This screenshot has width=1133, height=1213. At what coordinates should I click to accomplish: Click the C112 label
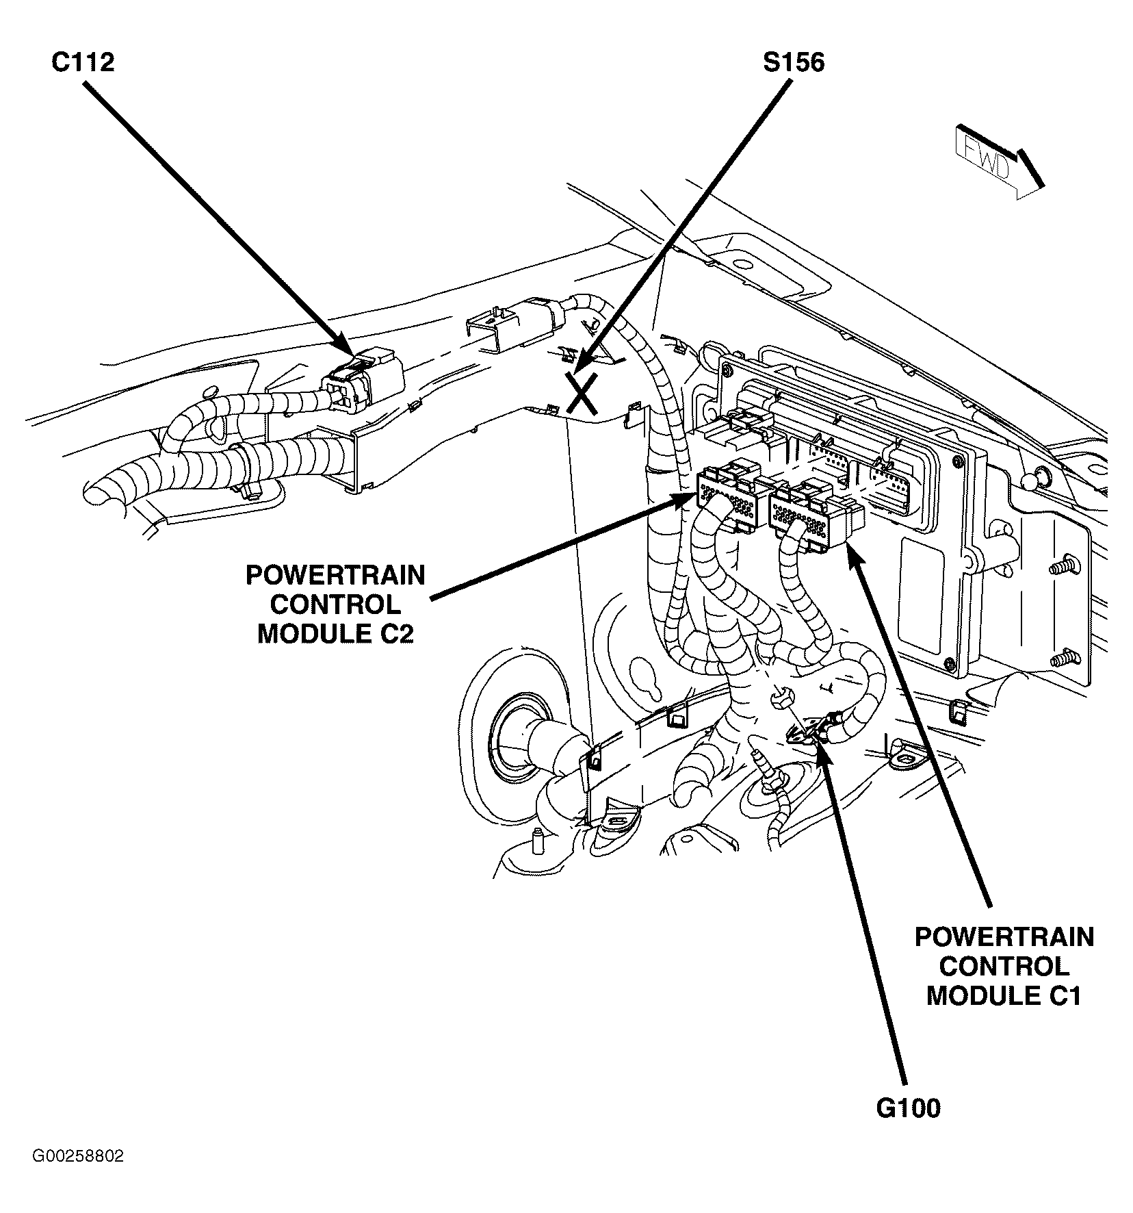[82, 62]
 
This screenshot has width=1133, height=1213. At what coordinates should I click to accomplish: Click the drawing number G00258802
[77, 1175]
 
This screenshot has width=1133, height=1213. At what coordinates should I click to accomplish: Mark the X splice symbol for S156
[581, 394]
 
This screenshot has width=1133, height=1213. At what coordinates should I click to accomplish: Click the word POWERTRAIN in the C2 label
[335, 575]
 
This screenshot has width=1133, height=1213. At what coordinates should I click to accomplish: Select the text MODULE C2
[335, 635]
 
